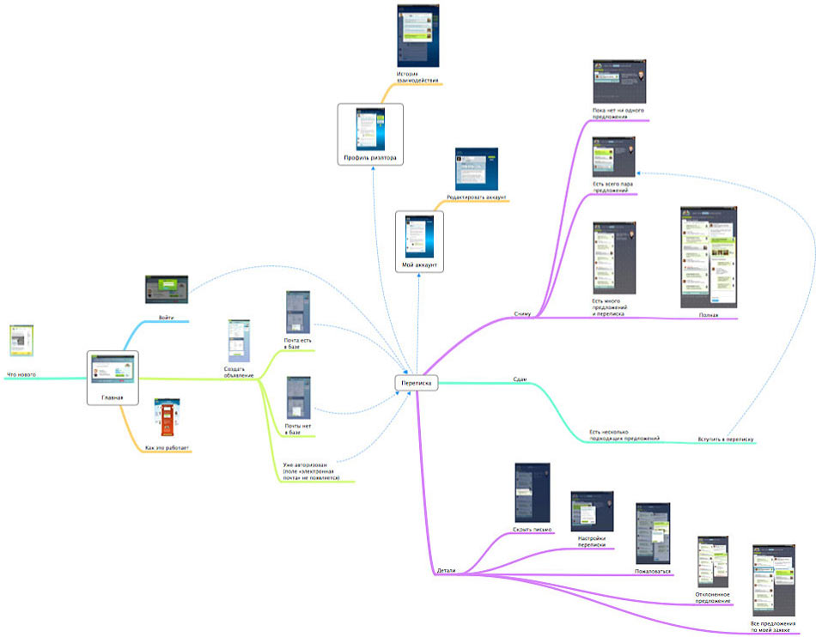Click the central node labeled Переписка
(x=417, y=383)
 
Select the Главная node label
(x=112, y=397)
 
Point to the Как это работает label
(x=168, y=448)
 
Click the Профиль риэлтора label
(x=370, y=157)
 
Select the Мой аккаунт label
(x=419, y=265)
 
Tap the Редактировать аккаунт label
(x=477, y=197)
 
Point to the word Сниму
(x=522, y=313)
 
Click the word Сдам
(x=519, y=379)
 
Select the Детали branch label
(x=447, y=570)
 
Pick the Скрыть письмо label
(x=532, y=529)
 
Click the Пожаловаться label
(x=652, y=569)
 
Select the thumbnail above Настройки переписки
(x=592, y=511)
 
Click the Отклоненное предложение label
(x=712, y=598)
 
